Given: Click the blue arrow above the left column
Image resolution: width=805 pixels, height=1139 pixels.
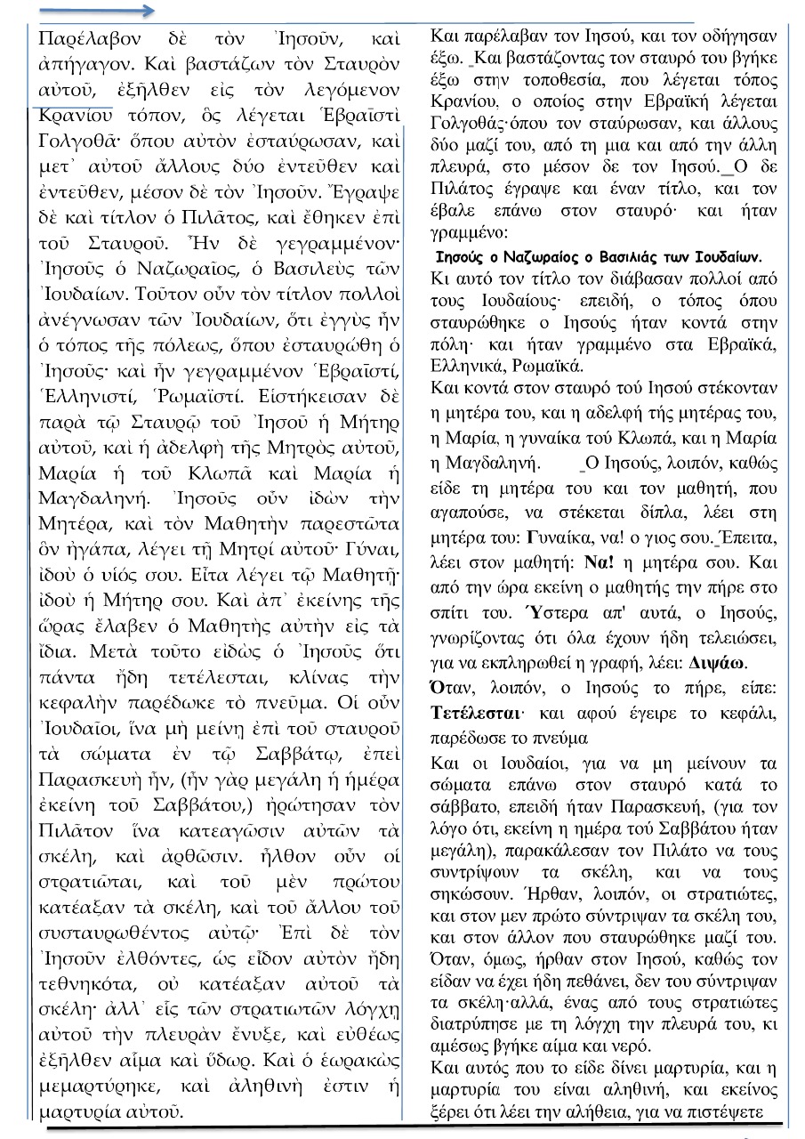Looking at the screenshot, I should (98, 12).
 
